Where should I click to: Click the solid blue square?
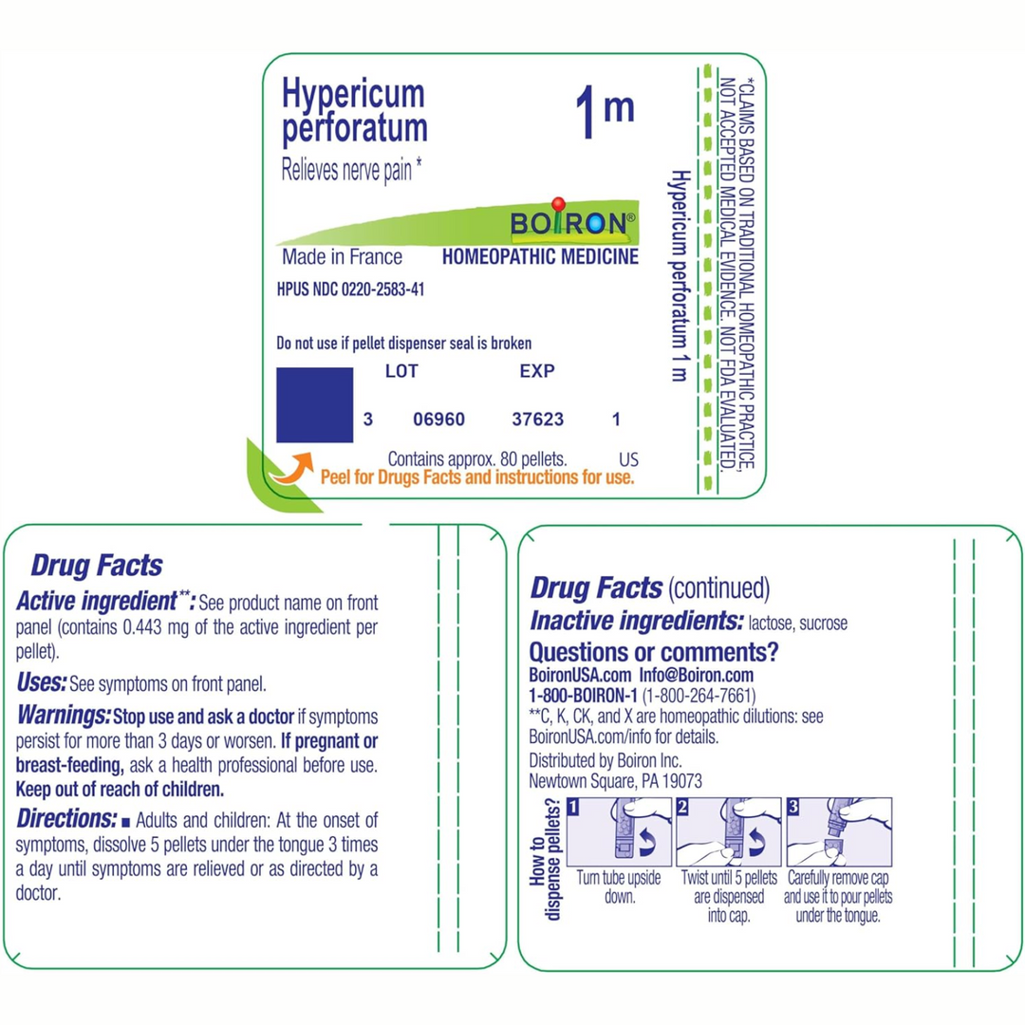point(314,405)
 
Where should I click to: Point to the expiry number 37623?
point(537,419)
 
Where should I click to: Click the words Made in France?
point(342,257)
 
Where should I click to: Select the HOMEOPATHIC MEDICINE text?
point(540,257)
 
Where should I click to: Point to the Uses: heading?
point(42,681)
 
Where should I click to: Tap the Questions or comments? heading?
point(654,652)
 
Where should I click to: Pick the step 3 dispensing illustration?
point(839,831)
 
